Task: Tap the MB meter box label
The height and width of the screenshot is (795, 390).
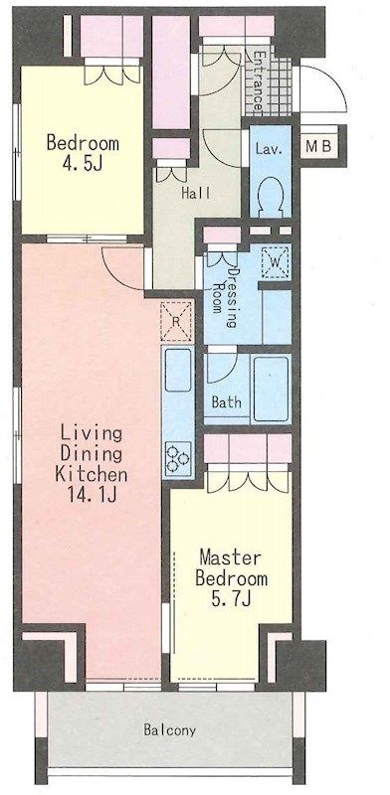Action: pyautogui.click(x=319, y=146)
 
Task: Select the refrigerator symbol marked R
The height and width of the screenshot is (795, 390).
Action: pyautogui.click(x=176, y=321)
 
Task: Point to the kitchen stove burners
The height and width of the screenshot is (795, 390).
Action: pyautogui.click(x=177, y=459)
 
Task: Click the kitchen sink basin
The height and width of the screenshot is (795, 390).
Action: pyautogui.click(x=177, y=370)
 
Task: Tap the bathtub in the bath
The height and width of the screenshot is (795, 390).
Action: pyautogui.click(x=272, y=389)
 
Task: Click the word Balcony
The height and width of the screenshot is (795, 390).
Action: pyautogui.click(x=169, y=730)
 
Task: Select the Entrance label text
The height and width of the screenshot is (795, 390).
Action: pyautogui.click(x=259, y=81)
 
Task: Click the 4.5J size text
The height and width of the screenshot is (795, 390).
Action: pyautogui.click(x=82, y=163)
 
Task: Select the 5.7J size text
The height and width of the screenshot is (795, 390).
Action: pyautogui.click(x=231, y=599)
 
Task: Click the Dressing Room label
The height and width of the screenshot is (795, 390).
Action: pyautogui.click(x=226, y=290)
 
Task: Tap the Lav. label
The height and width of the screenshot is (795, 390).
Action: pyautogui.click(x=269, y=149)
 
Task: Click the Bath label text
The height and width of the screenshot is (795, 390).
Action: pyautogui.click(x=227, y=403)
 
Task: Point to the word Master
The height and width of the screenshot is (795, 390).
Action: pyautogui.click(x=230, y=557)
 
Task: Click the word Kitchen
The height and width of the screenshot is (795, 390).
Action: pyautogui.click(x=92, y=475)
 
